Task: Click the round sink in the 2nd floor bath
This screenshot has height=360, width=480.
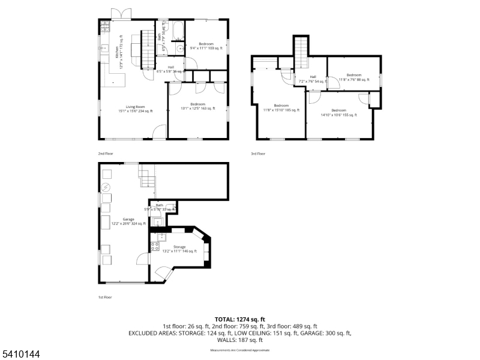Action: [x=179, y=48]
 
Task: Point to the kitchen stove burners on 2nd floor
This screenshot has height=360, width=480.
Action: [x=105, y=26]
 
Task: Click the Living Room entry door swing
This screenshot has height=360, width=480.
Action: [x=159, y=132]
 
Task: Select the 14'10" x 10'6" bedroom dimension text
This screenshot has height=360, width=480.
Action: [x=338, y=114]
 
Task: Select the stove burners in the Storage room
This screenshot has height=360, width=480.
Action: [x=155, y=238]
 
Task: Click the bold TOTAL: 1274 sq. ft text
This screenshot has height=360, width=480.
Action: [x=240, y=319]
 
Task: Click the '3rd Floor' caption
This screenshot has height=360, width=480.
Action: [x=258, y=154]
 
